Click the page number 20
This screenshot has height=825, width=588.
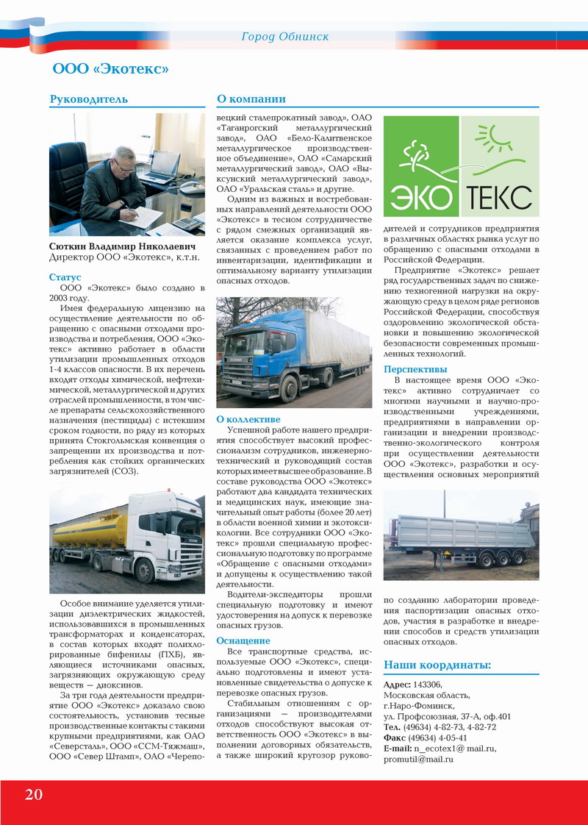tap(33, 794)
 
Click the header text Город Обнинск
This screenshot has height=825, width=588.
tap(285, 36)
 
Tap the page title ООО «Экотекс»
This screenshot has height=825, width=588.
tap(111, 69)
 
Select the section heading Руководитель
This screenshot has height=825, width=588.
tap(89, 99)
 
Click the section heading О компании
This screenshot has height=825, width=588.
tap(251, 99)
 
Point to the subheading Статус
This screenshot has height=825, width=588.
tap(65, 277)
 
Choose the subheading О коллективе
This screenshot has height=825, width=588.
tap(248, 419)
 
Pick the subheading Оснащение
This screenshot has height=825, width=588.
tap(243, 640)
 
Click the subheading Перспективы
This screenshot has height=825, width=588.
tap(415, 369)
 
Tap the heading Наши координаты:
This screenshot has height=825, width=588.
tap(437, 665)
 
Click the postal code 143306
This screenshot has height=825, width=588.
tap(428, 685)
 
